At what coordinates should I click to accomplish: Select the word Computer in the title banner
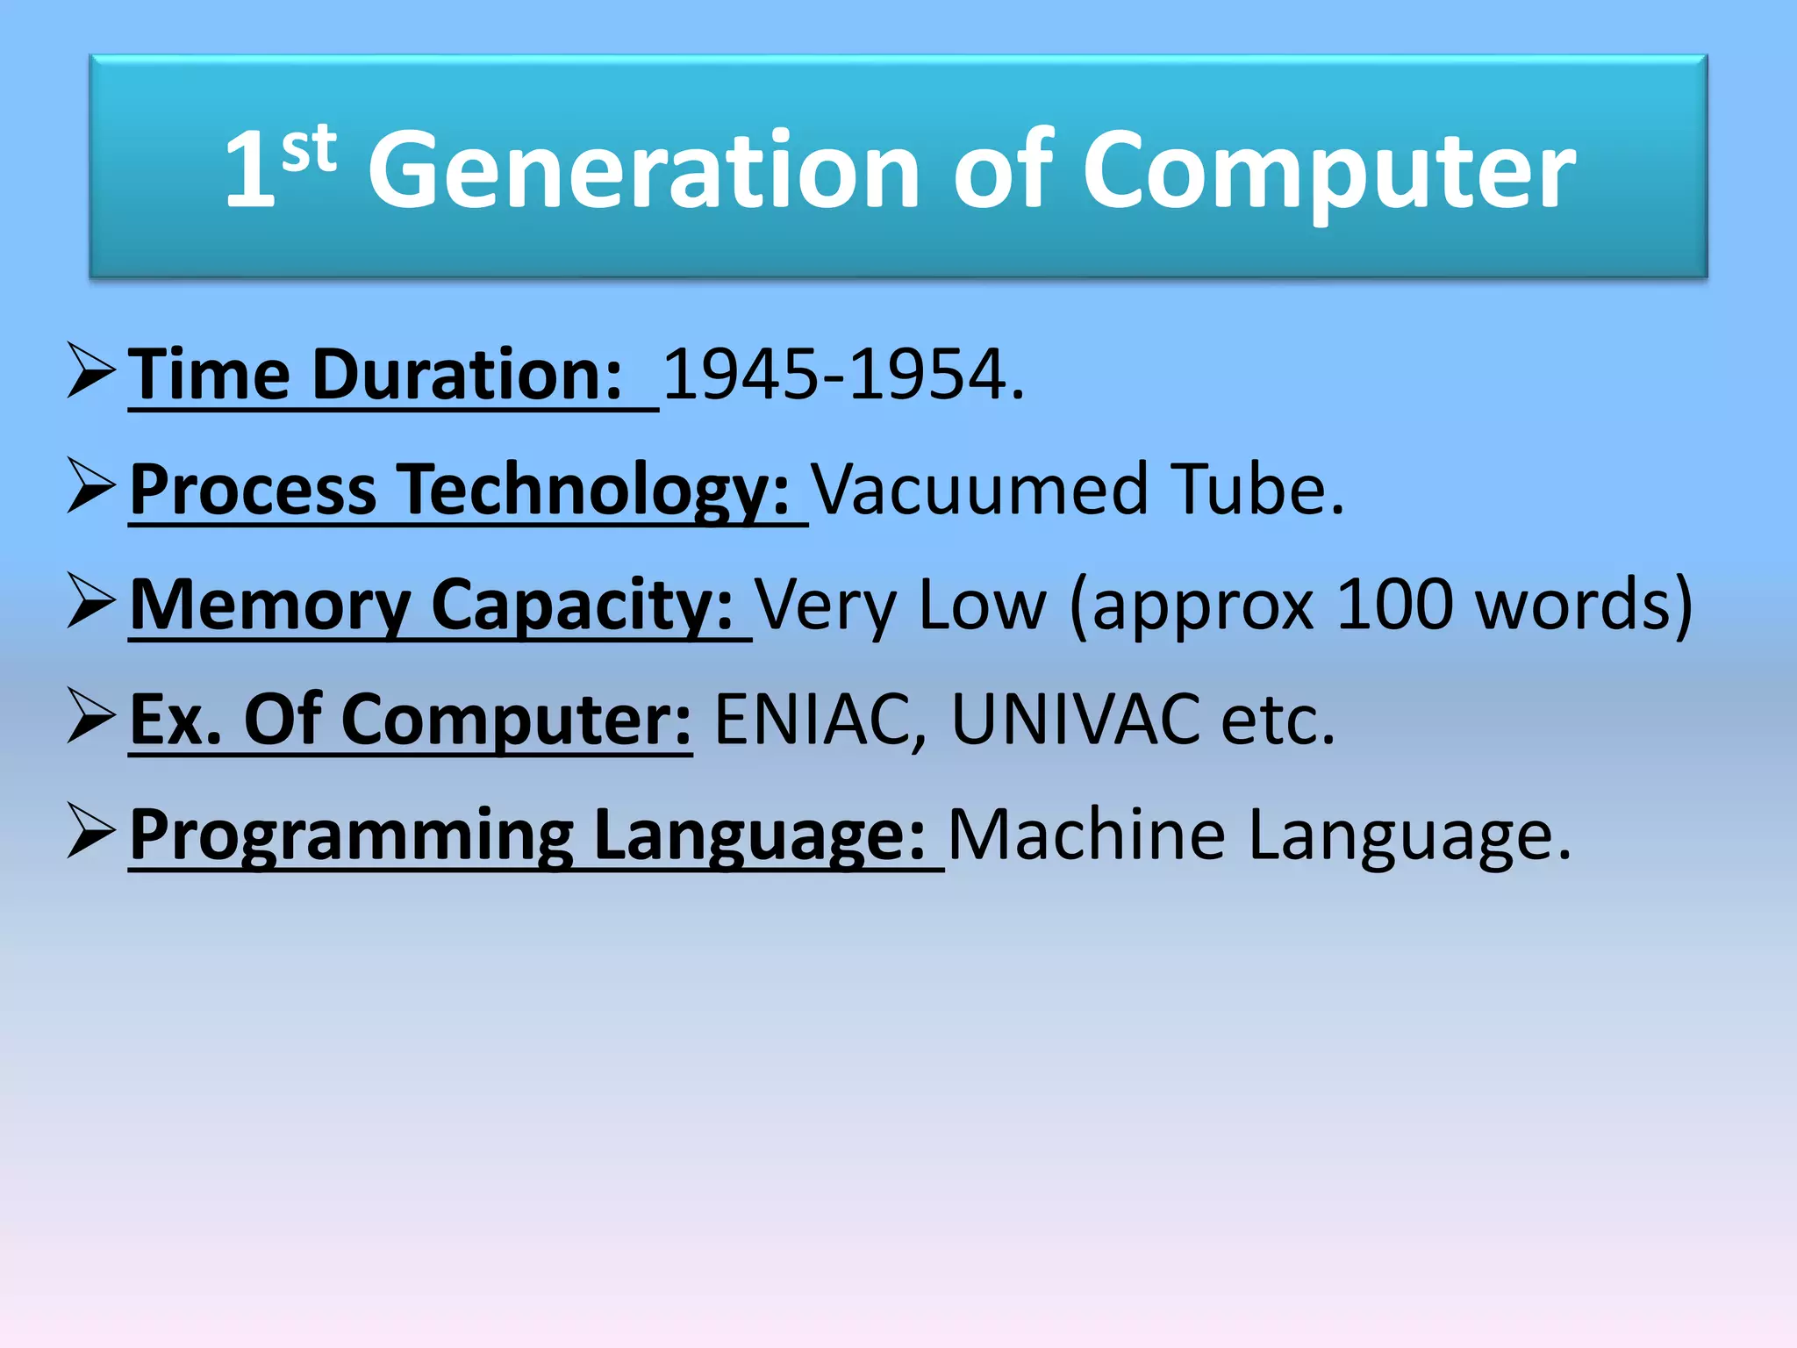point(1328,172)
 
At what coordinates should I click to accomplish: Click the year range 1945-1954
point(842,375)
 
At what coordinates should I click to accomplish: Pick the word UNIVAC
point(1075,720)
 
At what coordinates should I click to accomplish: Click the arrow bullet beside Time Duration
point(91,372)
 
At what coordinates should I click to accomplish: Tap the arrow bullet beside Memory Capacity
point(91,602)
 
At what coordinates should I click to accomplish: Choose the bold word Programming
point(351,836)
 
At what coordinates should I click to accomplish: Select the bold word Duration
point(467,375)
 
